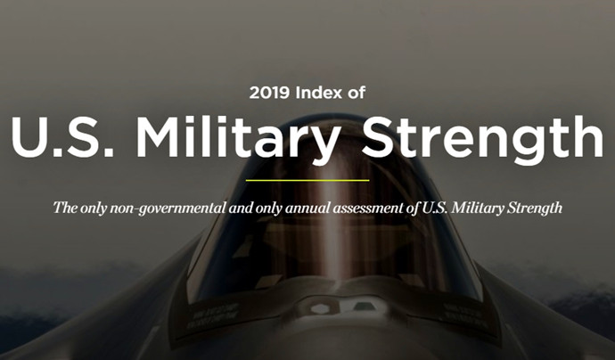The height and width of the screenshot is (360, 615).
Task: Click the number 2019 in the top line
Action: coord(269,93)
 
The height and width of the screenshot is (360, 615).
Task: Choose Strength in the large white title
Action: coord(482,140)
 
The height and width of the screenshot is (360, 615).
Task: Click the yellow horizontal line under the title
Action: coord(307,180)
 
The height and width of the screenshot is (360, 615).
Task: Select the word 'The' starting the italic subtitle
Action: coord(65,208)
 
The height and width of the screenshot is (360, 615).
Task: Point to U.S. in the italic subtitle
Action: coord(435,208)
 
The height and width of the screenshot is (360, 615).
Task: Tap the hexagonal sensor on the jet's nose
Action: coord(320,309)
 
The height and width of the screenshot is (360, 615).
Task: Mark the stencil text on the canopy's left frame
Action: coord(214,315)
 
